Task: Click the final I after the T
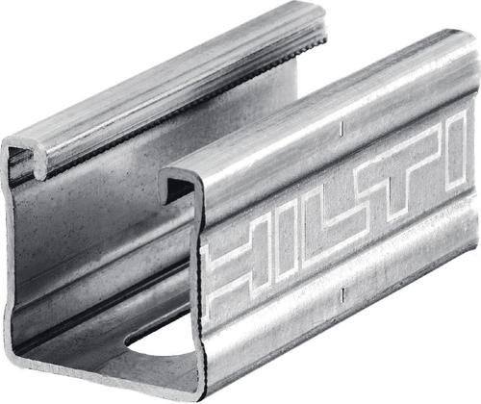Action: pos(457,151)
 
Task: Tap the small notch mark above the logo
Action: pos(342,127)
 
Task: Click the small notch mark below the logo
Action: pos(342,294)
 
